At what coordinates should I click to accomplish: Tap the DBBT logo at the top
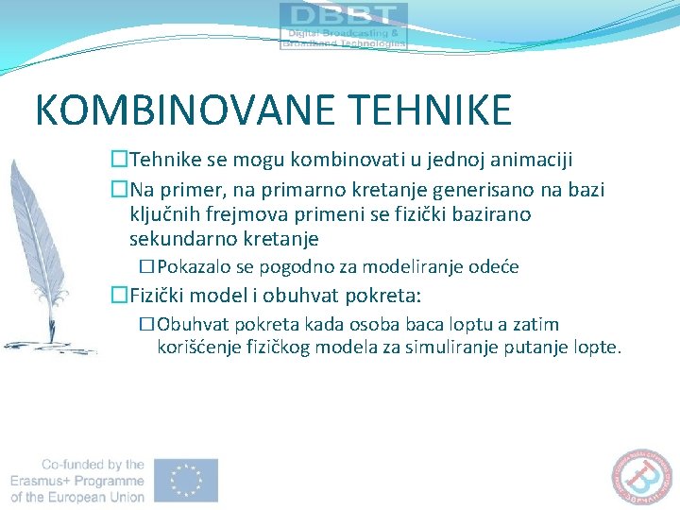pos(344,25)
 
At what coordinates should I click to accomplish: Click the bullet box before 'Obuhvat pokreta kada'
pos(146,324)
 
